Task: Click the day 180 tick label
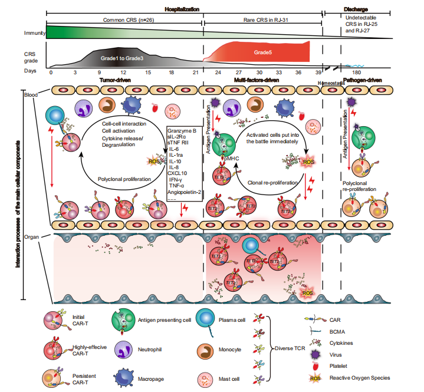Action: [357, 72]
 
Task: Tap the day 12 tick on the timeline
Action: [123, 72]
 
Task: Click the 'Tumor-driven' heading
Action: [114, 79]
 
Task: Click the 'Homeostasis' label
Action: [330, 84]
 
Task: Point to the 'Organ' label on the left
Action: [31, 236]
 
